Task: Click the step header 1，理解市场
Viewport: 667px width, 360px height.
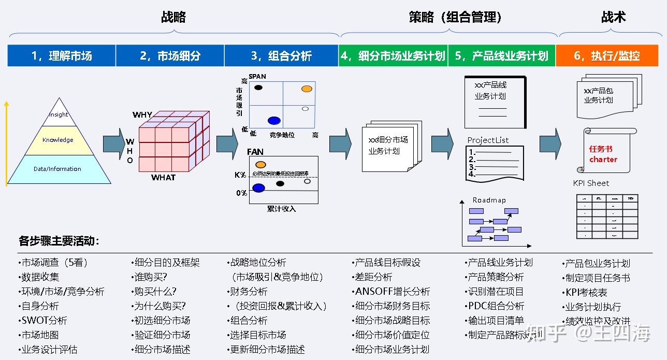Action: click(62, 56)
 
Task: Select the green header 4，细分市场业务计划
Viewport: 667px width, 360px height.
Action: click(394, 56)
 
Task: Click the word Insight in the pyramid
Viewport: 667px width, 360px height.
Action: click(59, 114)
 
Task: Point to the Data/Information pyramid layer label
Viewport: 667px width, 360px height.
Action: click(57, 169)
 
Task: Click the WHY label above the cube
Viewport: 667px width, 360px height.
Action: click(142, 114)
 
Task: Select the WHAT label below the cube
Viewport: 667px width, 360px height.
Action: click(163, 178)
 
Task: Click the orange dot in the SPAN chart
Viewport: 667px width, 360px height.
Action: click(307, 89)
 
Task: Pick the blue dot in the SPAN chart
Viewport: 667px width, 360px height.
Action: click(274, 121)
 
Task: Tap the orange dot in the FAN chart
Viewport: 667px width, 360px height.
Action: click(260, 165)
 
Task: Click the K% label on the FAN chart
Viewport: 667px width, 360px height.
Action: click(240, 175)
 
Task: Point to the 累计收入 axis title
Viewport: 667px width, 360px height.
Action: click(281, 209)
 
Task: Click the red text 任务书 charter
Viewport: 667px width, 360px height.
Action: click(603, 154)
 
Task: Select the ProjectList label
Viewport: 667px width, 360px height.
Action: click(488, 140)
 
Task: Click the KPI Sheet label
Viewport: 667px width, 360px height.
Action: click(591, 183)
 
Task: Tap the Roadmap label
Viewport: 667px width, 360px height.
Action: click(489, 200)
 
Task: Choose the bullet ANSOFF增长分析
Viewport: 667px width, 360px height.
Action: click(392, 292)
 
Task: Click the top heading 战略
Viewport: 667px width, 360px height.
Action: click(173, 17)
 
